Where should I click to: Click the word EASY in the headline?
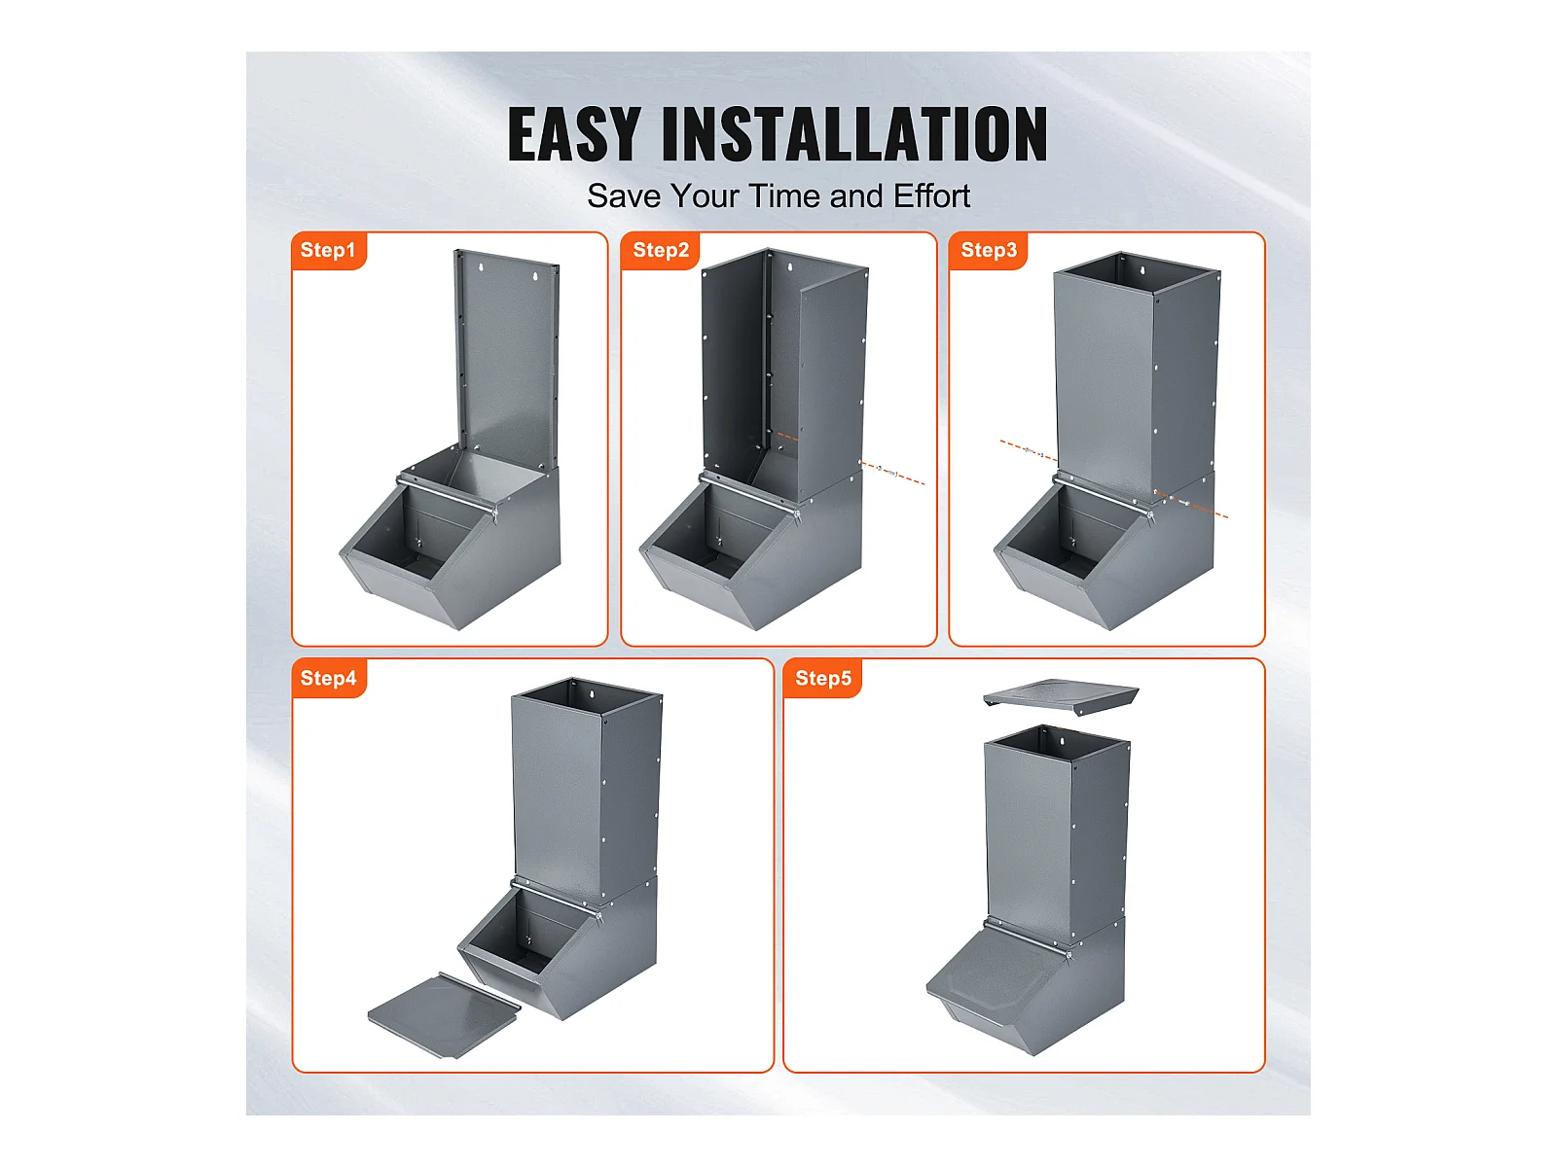click(x=574, y=134)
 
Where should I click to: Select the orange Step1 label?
click(x=328, y=250)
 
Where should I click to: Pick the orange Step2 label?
click(x=660, y=250)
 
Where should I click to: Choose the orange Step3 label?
click(x=988, y=250)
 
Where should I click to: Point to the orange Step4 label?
click(x=328, y=678)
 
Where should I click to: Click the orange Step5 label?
click(x=822, y=678)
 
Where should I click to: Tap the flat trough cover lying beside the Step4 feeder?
click(x=444, y=1014)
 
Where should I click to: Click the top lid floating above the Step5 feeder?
click(x=1060, y=695)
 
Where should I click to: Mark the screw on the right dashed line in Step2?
click(x=886, y=471)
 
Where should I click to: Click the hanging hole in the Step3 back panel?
click(x=1141, y=270)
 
